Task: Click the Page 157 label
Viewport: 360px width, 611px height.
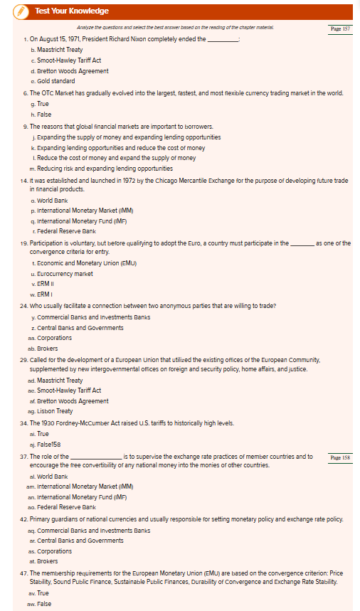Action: coord(341,29)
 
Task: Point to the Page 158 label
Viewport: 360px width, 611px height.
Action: coord(341,457)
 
